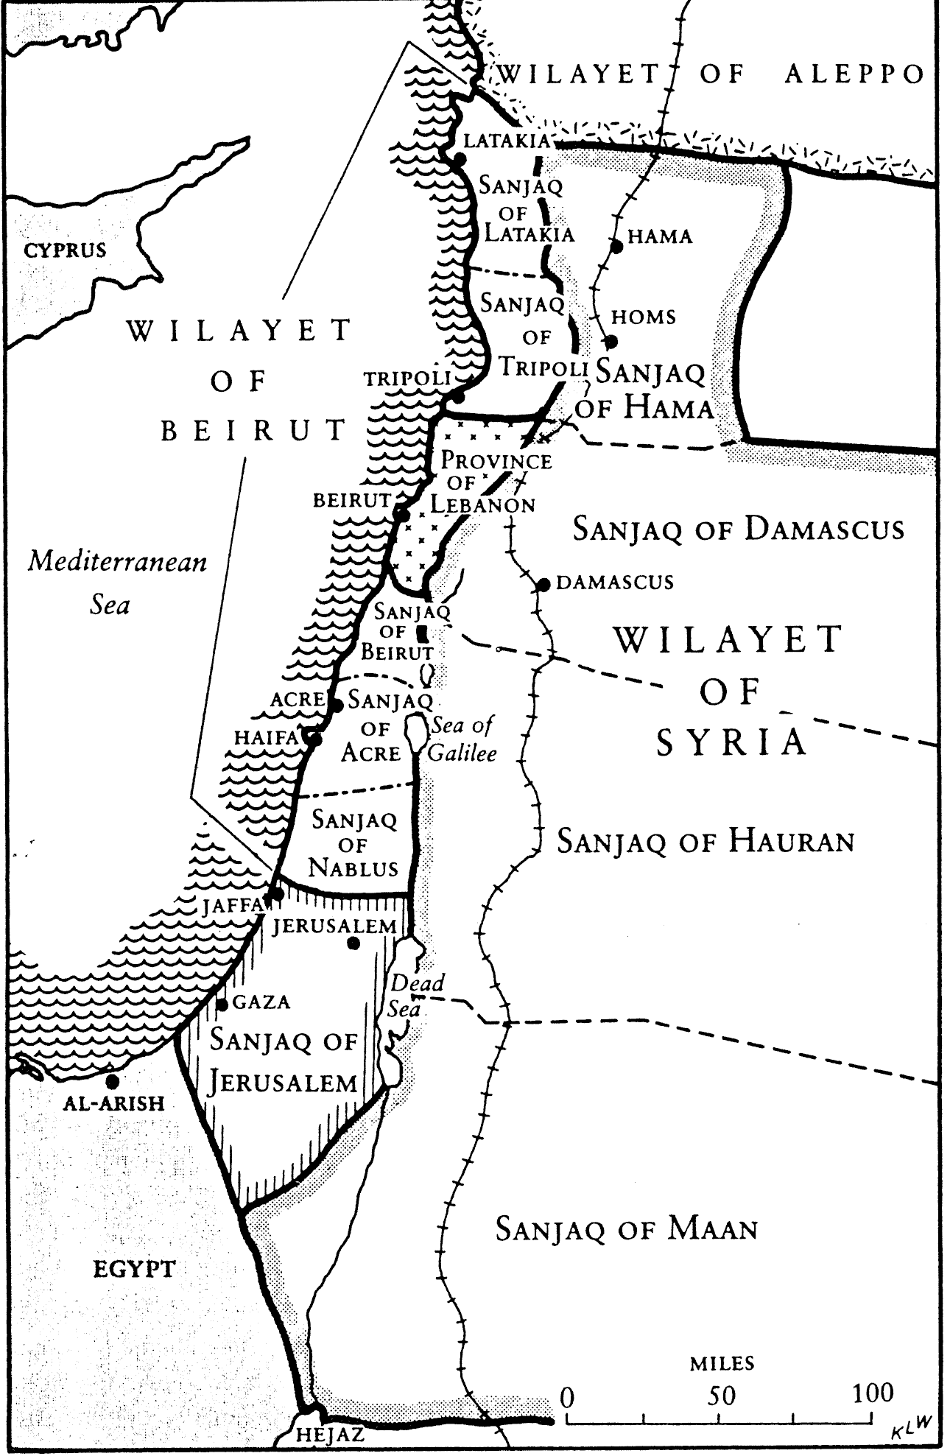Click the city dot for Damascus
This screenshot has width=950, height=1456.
click(x=543, y=585)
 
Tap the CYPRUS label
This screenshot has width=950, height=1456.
click(x=65, y=250)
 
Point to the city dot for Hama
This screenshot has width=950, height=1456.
click(x=617, y=247)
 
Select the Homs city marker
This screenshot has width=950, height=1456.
click(x=611, y=342)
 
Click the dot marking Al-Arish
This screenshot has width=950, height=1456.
click(x=112, y=1081)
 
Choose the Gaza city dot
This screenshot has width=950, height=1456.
click(x=222, y=1004)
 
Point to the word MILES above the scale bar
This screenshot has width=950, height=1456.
click(x=722, y=1363)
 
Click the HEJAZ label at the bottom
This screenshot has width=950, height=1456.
click(x=329, y=1435)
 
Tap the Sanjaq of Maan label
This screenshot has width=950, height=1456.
click(x=627, y=1228)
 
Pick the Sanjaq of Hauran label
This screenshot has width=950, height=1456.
click(x=705, y=840)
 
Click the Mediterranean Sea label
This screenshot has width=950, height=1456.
click(x=116, y=583)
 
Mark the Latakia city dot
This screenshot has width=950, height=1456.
click(x=458, y=158)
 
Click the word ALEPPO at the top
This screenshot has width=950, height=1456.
click(x=854, y=74)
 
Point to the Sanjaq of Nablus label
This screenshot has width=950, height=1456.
click(x=353, y=844)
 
